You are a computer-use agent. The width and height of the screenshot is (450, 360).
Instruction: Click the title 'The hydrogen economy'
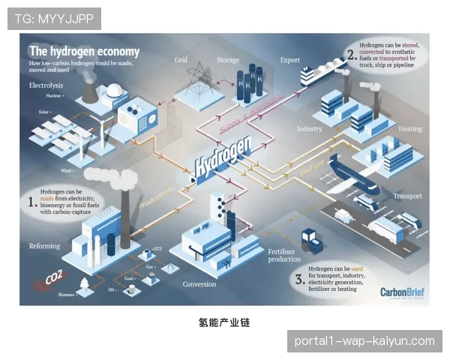(x=84, y=52)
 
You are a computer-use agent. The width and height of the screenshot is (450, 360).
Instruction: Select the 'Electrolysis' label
(x=46, y=85)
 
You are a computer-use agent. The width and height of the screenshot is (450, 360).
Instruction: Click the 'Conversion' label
(x=199, y=284)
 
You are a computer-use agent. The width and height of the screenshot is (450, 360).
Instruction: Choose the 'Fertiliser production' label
(x=284, y=256)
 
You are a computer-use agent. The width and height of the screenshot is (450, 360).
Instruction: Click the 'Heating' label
(x=410, y=129)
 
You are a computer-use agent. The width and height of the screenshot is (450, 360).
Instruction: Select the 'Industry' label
(x=309, y=129)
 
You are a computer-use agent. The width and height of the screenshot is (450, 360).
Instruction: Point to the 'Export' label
(x=289, y=60)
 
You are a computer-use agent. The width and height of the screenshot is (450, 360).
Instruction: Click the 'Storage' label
(x=228, y=60)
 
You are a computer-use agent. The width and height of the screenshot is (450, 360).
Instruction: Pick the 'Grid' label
(x=181, y=60)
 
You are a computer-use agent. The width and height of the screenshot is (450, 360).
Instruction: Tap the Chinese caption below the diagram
(x=224, y=323)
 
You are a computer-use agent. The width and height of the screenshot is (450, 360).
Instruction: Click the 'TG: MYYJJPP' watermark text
(x=54, y=19)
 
